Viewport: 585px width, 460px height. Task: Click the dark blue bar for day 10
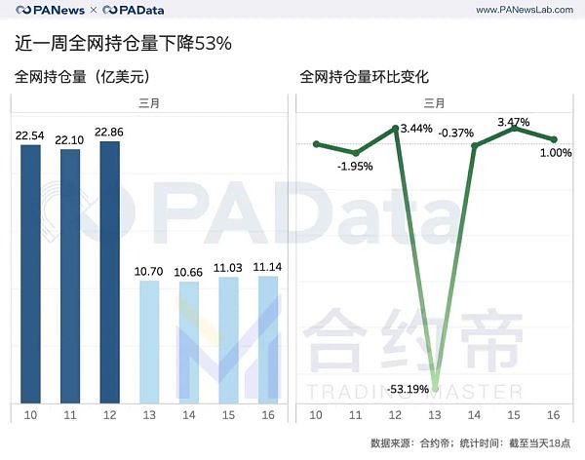coord(31,273)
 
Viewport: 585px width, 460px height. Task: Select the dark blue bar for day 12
coord(109,272)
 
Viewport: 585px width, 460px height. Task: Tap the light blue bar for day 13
coord(148,341)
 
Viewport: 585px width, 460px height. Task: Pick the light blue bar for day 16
coord(266,339)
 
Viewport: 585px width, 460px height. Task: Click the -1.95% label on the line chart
coord(355,167)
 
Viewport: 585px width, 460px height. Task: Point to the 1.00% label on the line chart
coord(555,152)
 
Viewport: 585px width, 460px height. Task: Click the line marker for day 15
coord(514,129)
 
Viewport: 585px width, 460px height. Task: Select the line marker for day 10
coord(316,144)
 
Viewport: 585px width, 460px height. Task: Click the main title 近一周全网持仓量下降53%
coord(123,44)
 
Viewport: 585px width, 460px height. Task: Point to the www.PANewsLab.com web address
coord(525,10)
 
